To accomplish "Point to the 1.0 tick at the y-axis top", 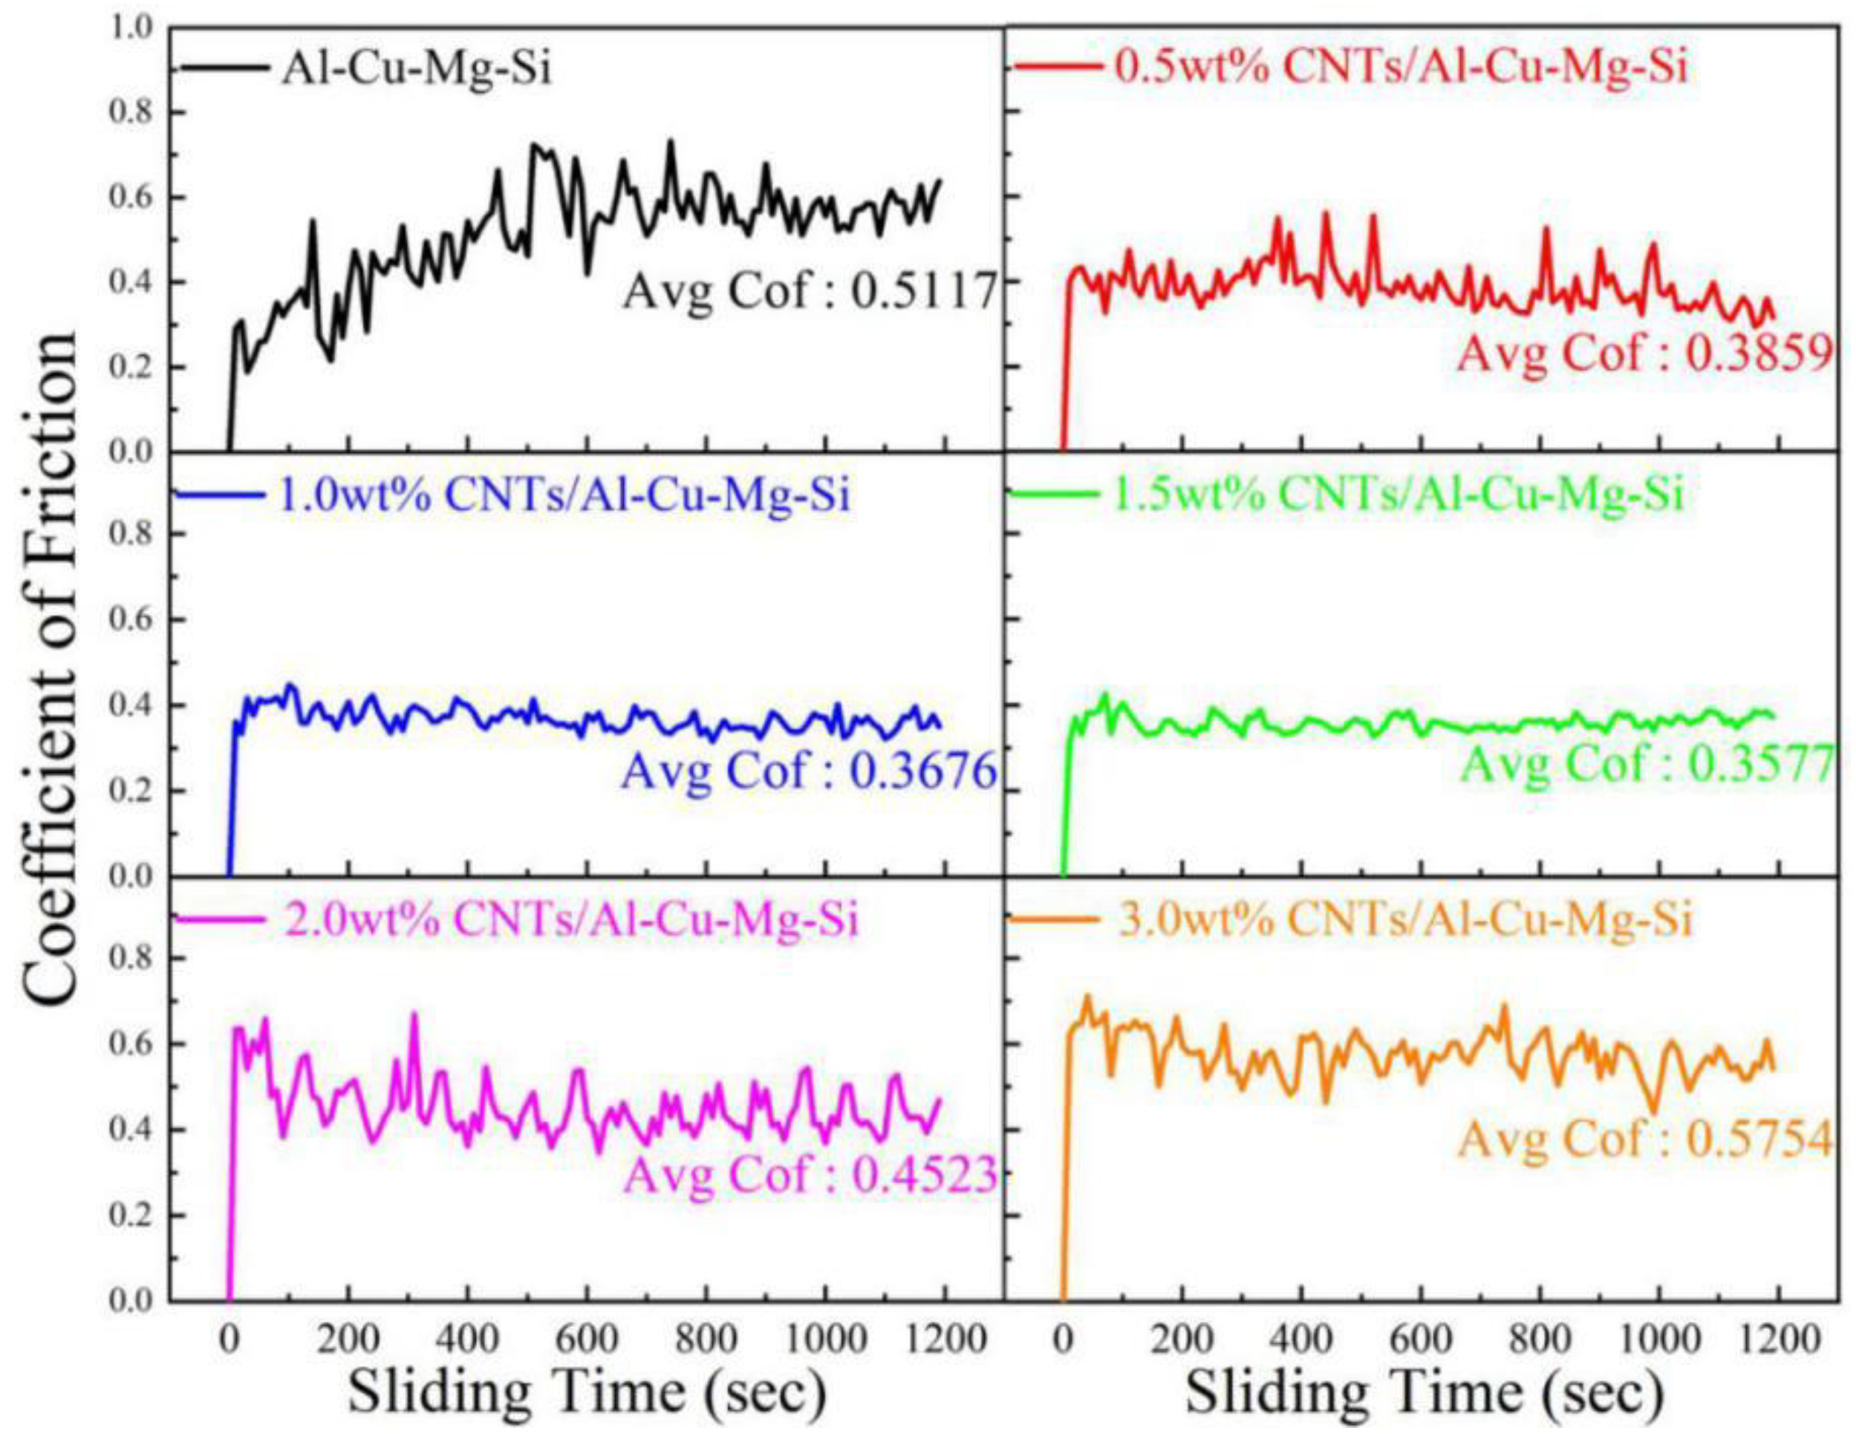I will [x=131, y=28].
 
